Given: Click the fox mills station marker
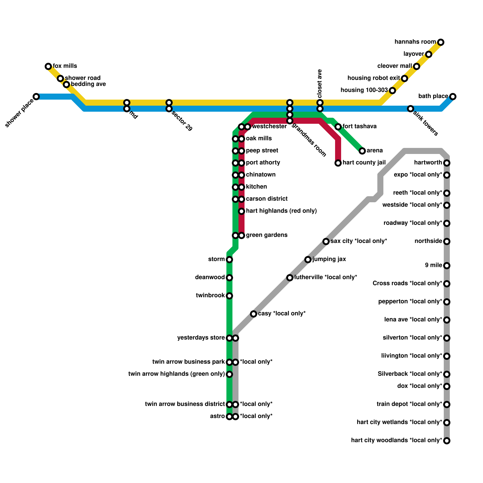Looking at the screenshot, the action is tap(48, 66).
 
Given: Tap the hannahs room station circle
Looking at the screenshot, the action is tap(441, 42).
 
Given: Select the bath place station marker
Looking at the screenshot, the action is tap(453, 97).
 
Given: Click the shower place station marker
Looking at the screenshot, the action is tap(36, 97).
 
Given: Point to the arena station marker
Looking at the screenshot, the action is tap(362, 151).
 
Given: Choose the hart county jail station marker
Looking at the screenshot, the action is tap(338, 163).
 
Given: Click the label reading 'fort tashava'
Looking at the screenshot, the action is tap(360, 126).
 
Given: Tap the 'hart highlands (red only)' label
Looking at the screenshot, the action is tap(281, 211).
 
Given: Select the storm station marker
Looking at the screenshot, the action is tap(229, 260).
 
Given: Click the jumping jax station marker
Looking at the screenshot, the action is tap(308, 260).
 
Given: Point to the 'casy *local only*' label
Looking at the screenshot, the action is tap(282, 314).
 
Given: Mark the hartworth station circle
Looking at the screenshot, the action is tap(447, 163).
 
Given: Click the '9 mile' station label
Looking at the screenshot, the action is tap(433, 265).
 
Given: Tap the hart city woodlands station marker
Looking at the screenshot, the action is tap(447, 441).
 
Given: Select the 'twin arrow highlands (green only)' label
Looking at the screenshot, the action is tap(177, 374).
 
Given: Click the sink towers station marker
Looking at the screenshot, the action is tap(411, 109).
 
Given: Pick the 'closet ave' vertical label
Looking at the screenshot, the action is tap(320, 83).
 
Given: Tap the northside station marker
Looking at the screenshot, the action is tap(447, 241).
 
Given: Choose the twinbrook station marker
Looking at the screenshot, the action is tap(229, 296).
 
